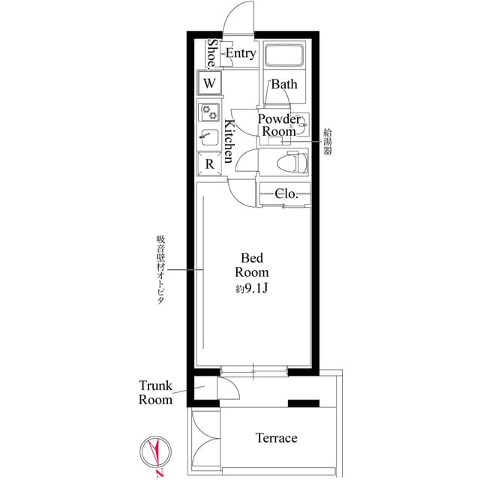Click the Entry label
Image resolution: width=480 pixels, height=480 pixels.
click(x=241, y=53)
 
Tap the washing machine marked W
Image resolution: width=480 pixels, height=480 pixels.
click(x=209, y=82)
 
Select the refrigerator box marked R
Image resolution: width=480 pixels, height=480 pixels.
click(x=209, y=164)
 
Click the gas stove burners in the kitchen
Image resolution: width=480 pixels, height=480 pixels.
click(x=209, y=112)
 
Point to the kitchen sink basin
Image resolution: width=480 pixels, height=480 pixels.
click(x=209, y=137)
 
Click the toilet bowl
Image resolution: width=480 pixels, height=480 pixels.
click(x=292, y=162)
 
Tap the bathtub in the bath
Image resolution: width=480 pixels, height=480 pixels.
click(x=284, y=55)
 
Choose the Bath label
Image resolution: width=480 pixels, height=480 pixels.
click(x=284, y=84)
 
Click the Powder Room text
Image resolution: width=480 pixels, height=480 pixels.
click(x=279, y=125)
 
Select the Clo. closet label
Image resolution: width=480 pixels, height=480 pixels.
click(x=286, y=193)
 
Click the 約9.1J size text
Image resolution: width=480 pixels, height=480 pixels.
click(x=252, y=288)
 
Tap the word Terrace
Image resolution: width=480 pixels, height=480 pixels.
click(x=276, y=438)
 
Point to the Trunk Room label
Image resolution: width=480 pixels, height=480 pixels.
click(x=155, y=393)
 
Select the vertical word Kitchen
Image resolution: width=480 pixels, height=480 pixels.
click(x=229, y=141)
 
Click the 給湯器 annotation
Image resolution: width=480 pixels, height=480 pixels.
click(x=328, y=142)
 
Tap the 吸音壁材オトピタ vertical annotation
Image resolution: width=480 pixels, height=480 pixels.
click(x=161, y=270)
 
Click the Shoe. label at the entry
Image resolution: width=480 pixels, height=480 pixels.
click(x=212, y=54)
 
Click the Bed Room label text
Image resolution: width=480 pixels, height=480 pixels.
click(x=252, y=265)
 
